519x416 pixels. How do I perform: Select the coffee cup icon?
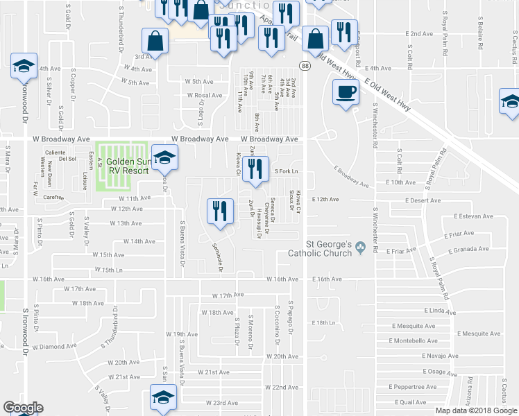point(345,92)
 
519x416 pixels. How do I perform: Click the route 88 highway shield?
point(304,65)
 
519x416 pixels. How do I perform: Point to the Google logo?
point(23,408)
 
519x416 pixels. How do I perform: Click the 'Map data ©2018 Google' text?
point(477,410)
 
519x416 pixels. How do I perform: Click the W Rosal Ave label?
point(203,95)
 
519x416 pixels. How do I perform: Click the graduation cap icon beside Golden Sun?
point(164,159)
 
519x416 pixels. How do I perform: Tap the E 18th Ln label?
point(328,323)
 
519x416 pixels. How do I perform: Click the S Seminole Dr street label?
point(221,257)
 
